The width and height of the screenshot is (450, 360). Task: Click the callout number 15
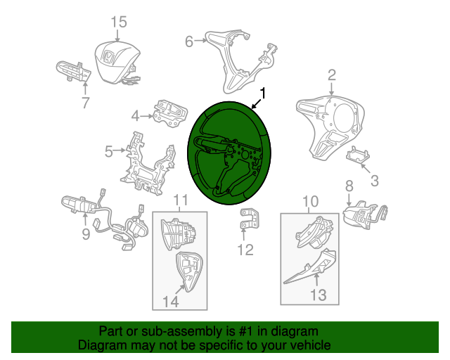pyautogui.click(x=119, y=22)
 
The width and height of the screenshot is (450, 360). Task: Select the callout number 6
pyautogui.click(x=189, y=41)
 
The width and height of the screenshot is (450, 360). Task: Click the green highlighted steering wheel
pyautogui.click(x=229, y=153)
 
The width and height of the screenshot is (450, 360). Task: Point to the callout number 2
pyautogui.click(x=332, y=75)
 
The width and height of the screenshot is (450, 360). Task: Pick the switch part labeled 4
pyautogui.click(x=170, y=114)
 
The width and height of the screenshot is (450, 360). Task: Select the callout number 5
pyautogui.click(x=109, y=151)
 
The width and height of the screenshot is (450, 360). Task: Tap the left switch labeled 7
pyautogui.click(x=73, y=71)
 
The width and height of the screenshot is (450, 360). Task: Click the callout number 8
pyautogui.click(x=349, y=186)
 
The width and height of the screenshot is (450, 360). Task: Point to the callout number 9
pyautogui.click(x=86, y=234)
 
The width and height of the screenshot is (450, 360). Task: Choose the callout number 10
pyautogui.click(x=311, y=201)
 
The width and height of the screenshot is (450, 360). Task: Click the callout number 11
pyautogui.click(x=181, y=200)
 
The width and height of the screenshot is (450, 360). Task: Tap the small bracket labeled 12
pyautogui.click(x=249, y=219)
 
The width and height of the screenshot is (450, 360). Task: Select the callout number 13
pyautogui.click(x=319, y=295)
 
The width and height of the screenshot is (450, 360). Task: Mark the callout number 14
pyautogui.click(x=170, y=302)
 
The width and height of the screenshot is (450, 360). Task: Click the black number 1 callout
pyautogui.click(x=262, y=94)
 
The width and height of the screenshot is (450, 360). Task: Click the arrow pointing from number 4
pyautogui.click(x=147, y=116)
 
